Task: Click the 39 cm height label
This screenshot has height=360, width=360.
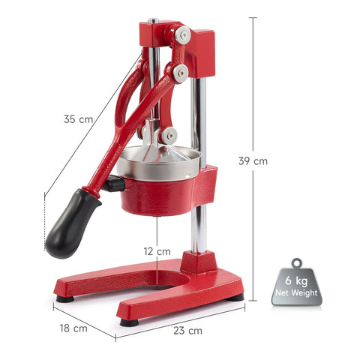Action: (x=253, y=160)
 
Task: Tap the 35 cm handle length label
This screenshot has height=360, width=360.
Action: (x=78, y=119)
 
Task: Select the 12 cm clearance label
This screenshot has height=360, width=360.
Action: (x=157, y=251)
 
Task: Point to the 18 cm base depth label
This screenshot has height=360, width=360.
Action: (x=73, y=328)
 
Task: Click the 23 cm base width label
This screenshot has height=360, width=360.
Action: (x=187, y=331)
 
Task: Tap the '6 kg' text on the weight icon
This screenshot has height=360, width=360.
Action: (x=296, y=280)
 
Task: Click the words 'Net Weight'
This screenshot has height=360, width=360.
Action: (x=296, y=292)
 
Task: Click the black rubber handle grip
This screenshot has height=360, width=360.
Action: (x=73, y=224)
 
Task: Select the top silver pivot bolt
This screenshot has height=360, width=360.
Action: (x=183, y=35)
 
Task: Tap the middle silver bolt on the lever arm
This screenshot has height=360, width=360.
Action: (x=180, y=73)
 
